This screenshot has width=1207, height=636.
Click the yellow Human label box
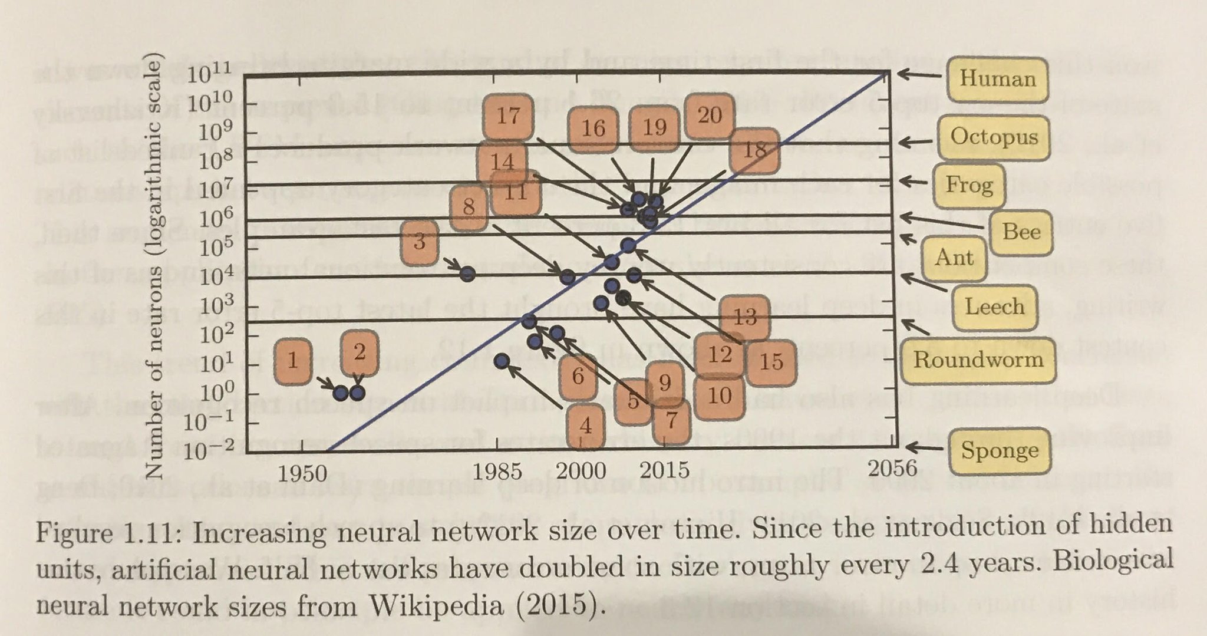coord(997,79)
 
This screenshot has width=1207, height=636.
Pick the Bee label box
coord(1021,232)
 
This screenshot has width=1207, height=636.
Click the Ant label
coord(954,258)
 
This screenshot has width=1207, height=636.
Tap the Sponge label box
coord(1000,451)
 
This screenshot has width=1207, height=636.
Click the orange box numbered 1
coord(292,360)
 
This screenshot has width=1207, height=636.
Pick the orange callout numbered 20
coord(710,116)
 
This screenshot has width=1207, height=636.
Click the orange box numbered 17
coord(507,116)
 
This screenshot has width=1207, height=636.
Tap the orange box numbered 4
coord(585,425)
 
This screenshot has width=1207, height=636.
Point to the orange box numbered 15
coord(771,361)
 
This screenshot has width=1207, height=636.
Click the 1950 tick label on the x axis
coord(302,472)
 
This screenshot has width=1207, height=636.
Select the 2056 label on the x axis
coord(893,468)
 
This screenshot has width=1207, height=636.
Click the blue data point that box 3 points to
coord(467,273)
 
